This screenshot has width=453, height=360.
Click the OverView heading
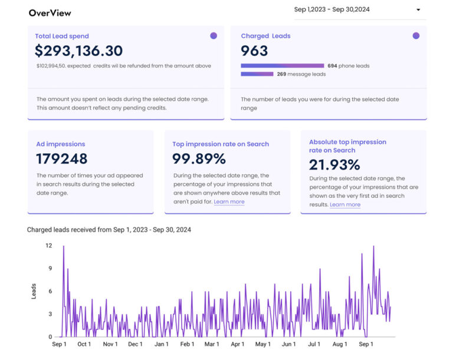50,13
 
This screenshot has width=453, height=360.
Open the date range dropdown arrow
418,10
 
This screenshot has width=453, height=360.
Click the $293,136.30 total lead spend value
78,51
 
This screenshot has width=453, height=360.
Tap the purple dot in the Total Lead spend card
214,35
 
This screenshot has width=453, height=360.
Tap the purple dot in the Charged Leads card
416,35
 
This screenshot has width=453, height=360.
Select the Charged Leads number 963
254,51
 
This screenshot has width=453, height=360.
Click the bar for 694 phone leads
283,65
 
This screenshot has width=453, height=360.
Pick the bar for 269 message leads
257,74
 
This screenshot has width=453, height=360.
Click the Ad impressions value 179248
61,158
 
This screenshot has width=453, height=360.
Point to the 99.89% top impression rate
199,158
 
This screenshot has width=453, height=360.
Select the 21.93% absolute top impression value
334,165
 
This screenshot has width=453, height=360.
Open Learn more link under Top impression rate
229,202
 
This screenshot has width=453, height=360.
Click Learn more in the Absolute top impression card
345,204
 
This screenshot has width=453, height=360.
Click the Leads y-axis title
34,291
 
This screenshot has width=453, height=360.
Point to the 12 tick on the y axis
48,245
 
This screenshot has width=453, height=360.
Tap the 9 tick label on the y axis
50,268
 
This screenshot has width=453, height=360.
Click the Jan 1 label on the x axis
161,344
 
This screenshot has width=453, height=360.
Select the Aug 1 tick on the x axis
340,344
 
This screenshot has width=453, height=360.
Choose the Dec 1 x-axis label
135,344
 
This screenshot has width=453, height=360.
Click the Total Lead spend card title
62,36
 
